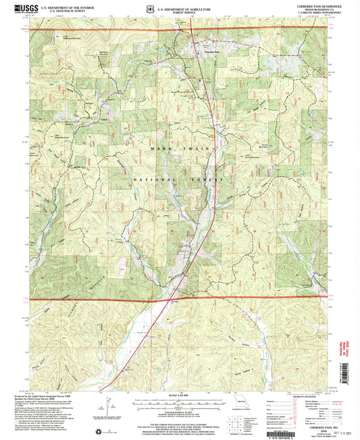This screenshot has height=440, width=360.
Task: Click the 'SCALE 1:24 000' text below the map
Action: (180, 392)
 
